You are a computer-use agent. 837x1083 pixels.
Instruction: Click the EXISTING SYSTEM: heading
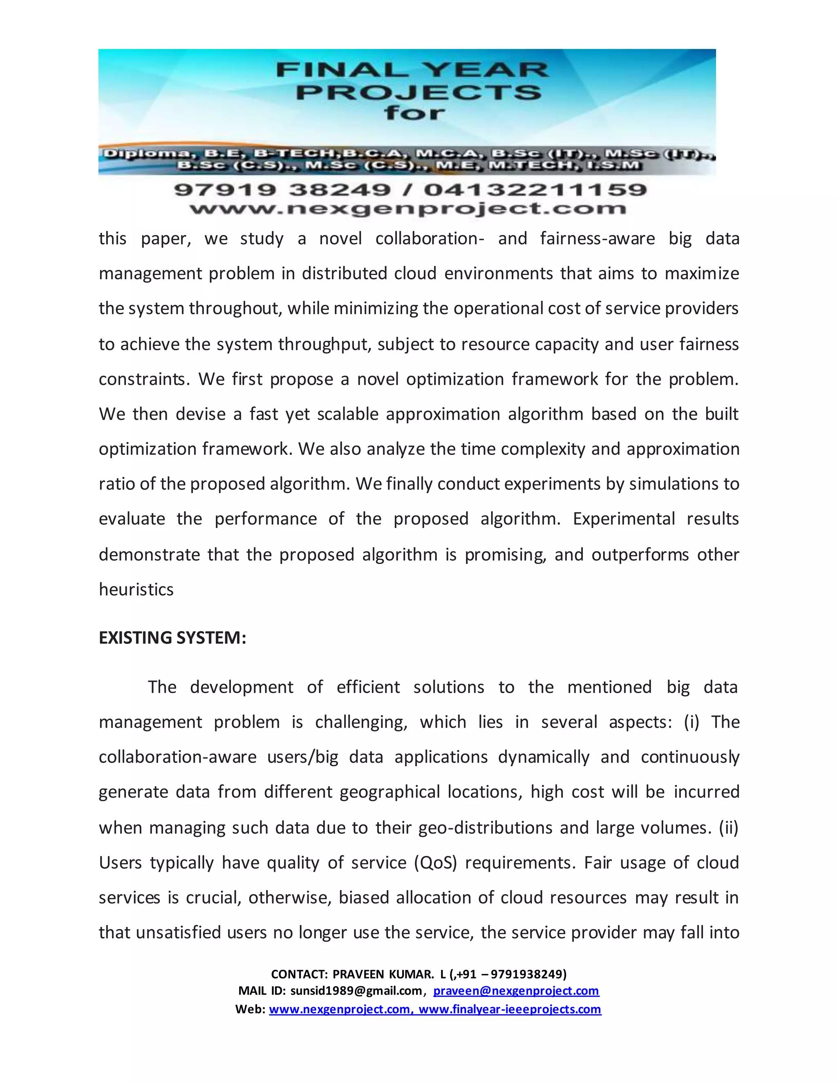coord(172,638)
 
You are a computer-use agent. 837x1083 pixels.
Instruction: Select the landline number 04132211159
coord(535,190)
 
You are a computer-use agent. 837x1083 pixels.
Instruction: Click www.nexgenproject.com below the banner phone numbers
coord(407,209)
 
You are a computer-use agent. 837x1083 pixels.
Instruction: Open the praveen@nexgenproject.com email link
coord(516,991)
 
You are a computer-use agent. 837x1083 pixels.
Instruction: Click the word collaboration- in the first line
coord(430,239)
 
